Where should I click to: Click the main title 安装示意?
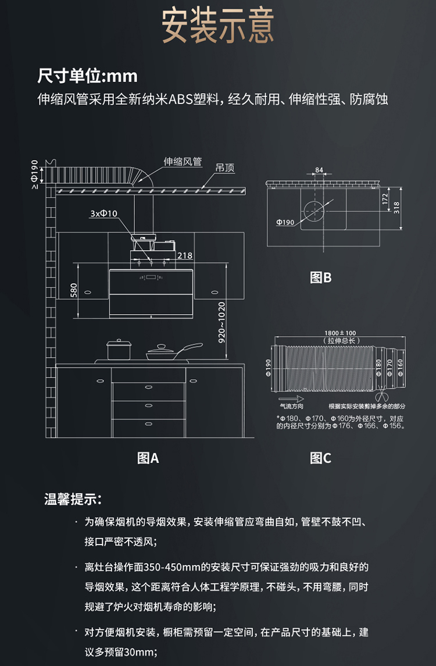(x=217, y=26)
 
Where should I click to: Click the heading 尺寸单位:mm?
(x=87, y=76)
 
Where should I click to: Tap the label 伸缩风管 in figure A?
(x=183, y=162)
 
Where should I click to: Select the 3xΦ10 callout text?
(x=103, y=213)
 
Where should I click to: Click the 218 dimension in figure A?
(x=184, y=255)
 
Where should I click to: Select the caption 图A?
(x=148, y=458)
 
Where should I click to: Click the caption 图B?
(x=320, y=278)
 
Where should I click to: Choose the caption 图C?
(x=320, y=458)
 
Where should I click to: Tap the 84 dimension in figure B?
(x=319, y=170)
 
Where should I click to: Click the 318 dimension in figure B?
(x=397, y=208)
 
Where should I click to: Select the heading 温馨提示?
(x=73, y=499)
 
